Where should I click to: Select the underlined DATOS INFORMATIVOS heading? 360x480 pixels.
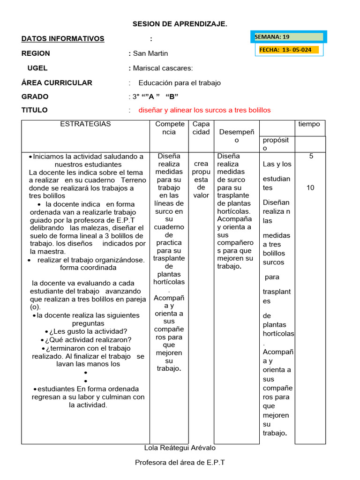(x=63, y=39)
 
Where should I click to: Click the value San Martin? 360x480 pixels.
(x=150, y=53)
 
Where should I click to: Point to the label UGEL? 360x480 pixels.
(x=37, y=68)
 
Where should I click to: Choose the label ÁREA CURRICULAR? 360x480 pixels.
(x=57, y=82)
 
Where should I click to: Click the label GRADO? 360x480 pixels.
(x=35, y=97)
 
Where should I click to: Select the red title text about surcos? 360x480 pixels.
(x=204, y=110)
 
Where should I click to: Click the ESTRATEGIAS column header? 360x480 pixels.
(x=85, y=124)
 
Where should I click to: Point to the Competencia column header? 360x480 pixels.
(x=170, y=128)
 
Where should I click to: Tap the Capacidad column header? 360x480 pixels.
(x=201, y=128)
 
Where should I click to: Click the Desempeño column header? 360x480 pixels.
(x=236, y=136)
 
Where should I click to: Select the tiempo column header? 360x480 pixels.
(x=309, y=124)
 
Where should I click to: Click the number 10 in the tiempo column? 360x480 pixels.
(x=310, y=187)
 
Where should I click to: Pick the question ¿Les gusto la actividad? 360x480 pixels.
(x=86, y=331)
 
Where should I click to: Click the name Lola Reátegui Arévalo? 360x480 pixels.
(x=180, y=448)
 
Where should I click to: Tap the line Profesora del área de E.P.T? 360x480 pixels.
(x=180, y=463)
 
